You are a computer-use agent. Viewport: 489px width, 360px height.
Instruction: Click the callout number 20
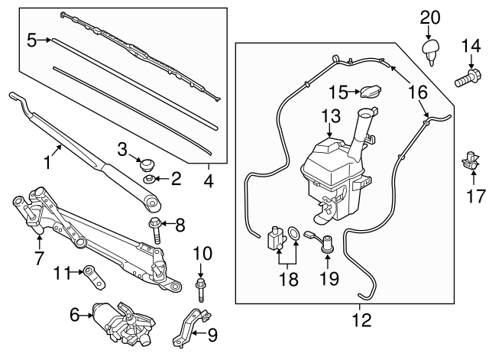(x=430, y=16)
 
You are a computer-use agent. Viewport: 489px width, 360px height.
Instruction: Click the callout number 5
(x=32, y=38)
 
